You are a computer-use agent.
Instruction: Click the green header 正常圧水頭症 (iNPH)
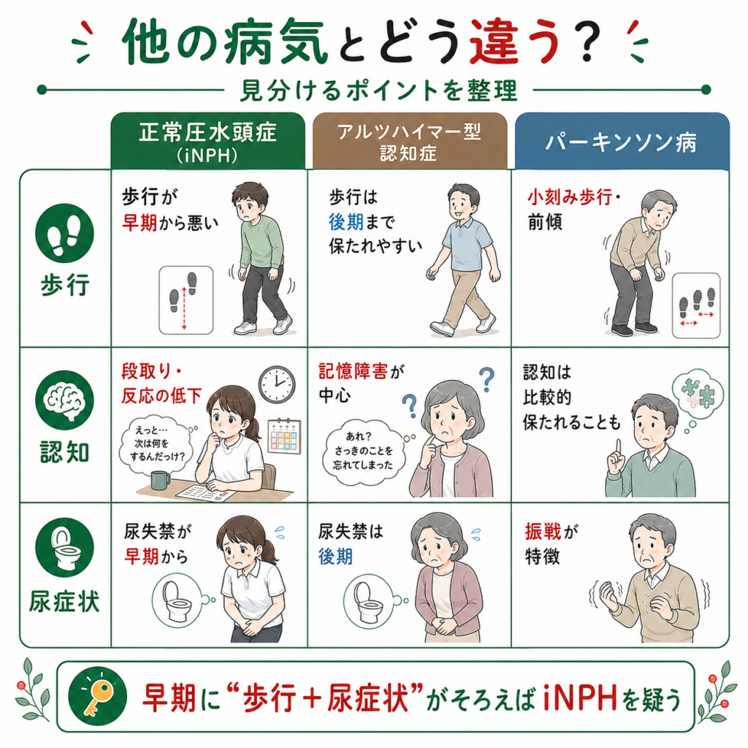(208, 141)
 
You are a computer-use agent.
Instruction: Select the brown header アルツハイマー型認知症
(409, 141)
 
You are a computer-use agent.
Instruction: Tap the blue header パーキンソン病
(622, 142)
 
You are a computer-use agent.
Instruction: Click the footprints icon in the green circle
(64, 233)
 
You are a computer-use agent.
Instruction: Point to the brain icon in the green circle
(64, 400)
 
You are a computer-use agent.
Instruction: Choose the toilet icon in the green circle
(64, 547)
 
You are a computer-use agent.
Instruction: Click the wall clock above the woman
(277, 384)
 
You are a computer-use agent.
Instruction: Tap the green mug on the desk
(160, 480)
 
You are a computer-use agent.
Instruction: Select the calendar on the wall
(285, 436)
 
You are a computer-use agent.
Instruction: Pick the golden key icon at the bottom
(98, 697)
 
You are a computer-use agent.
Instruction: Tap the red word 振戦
(543, 531)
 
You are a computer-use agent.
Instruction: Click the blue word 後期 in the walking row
(346, 222)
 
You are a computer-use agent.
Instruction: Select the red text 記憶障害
(354, 372)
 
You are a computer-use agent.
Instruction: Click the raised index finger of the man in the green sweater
(618, 448)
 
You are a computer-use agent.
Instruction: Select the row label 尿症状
(64, 601)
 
